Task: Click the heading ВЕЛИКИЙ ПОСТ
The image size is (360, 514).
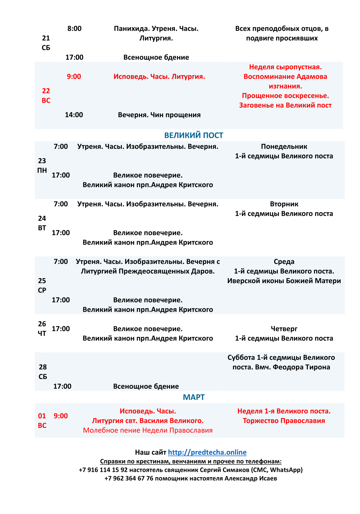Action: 193,135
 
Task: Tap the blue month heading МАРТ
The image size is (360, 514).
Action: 193,397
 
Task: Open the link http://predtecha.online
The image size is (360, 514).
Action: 207,452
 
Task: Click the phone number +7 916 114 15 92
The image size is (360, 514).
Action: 103,470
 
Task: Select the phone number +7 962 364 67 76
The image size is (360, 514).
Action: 129,478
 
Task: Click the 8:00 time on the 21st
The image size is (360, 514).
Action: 74,29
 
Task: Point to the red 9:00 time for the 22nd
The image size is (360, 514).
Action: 74,76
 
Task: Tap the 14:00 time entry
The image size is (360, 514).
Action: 74,115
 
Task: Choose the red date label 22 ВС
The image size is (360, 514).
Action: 46,95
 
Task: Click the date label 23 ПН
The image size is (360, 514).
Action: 42,165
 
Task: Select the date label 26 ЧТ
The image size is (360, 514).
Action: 42,329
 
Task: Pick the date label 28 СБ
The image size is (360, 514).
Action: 43,372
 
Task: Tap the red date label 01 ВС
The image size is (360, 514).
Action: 42,421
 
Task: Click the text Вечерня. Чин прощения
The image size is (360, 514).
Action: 159,115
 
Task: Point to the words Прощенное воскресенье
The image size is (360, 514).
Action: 285,96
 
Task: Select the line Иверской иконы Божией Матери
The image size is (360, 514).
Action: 284,281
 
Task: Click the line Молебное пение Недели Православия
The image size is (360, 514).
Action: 148,430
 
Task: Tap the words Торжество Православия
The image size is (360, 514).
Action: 284,421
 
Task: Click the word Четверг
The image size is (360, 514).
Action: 284,329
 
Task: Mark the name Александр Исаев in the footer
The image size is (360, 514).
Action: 251,478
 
